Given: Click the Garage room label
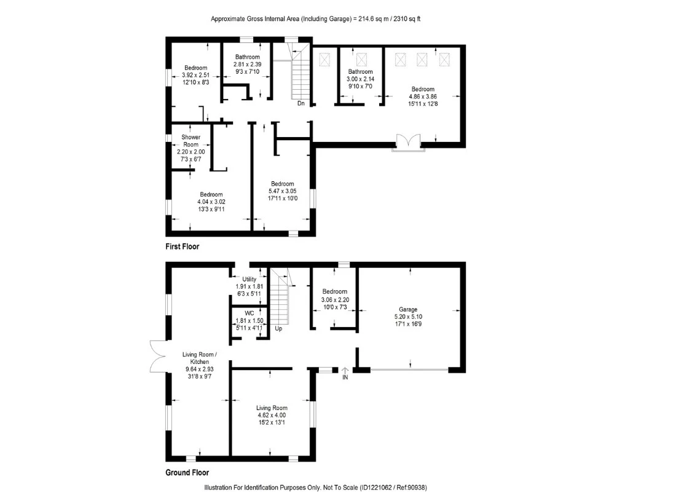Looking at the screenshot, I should click(407, 309).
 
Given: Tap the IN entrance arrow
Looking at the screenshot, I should click(345, 372).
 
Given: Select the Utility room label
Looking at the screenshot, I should click(249, 279).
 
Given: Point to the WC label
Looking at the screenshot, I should click(249, 313).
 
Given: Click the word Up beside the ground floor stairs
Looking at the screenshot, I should click(278, 329).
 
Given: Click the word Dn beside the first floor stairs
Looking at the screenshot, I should click(301, 103).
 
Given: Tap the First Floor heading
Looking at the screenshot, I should click(182, 246).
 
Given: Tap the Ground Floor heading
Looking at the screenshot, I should click(187, 473).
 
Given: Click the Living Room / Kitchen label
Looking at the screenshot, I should click(198, 358).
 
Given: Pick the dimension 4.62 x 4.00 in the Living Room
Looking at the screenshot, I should click(271, 415).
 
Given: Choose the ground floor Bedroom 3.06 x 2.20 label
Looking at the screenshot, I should click(334, 291).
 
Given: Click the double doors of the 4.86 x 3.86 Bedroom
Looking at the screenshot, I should click(407, 142).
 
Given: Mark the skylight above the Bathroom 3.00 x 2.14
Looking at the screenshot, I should click(362, 60).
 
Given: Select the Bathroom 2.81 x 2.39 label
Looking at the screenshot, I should click(247, 57).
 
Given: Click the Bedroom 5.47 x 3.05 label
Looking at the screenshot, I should click(283, 184).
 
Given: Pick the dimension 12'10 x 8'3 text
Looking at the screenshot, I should click(195, 82).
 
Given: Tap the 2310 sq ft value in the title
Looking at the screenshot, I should click(405, 19).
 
